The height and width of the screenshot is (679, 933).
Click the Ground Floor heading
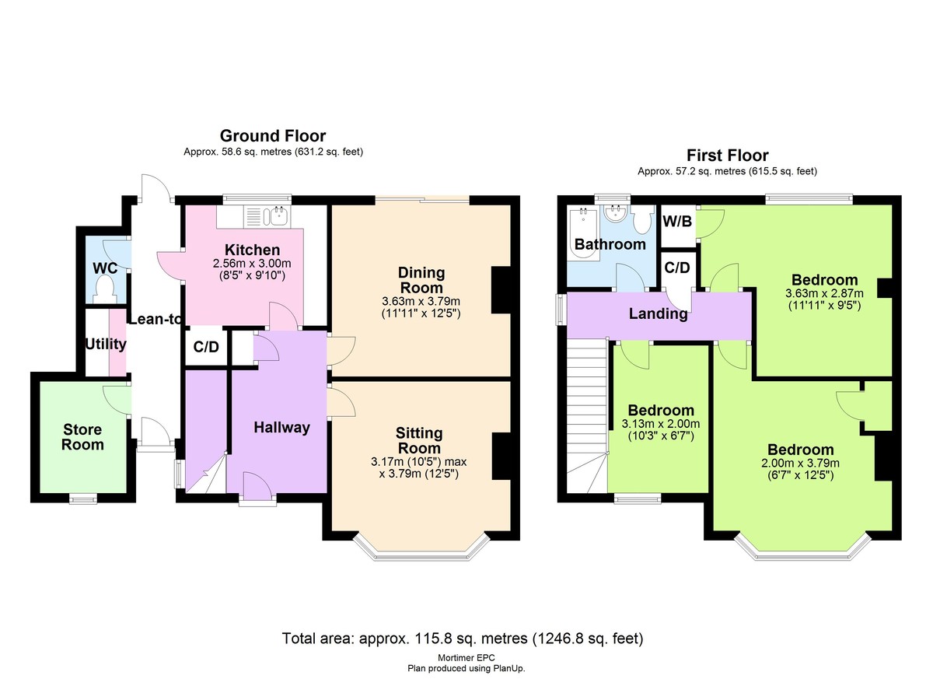272,136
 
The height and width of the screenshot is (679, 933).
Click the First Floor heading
727,155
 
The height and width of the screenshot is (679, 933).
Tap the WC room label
105,268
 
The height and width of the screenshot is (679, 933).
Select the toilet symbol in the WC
103,290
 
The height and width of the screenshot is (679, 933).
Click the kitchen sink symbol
276,215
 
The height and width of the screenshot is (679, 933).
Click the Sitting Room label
419,440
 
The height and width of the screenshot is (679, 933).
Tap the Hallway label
281,427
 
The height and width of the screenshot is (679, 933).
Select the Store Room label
82,437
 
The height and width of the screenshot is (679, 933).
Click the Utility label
106,344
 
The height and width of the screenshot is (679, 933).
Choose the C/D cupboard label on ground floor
205,348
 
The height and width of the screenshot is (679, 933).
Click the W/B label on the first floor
677,221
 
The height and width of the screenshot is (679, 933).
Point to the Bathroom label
610,244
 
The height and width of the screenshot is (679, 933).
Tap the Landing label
659,314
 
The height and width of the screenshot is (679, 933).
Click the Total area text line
463,639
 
